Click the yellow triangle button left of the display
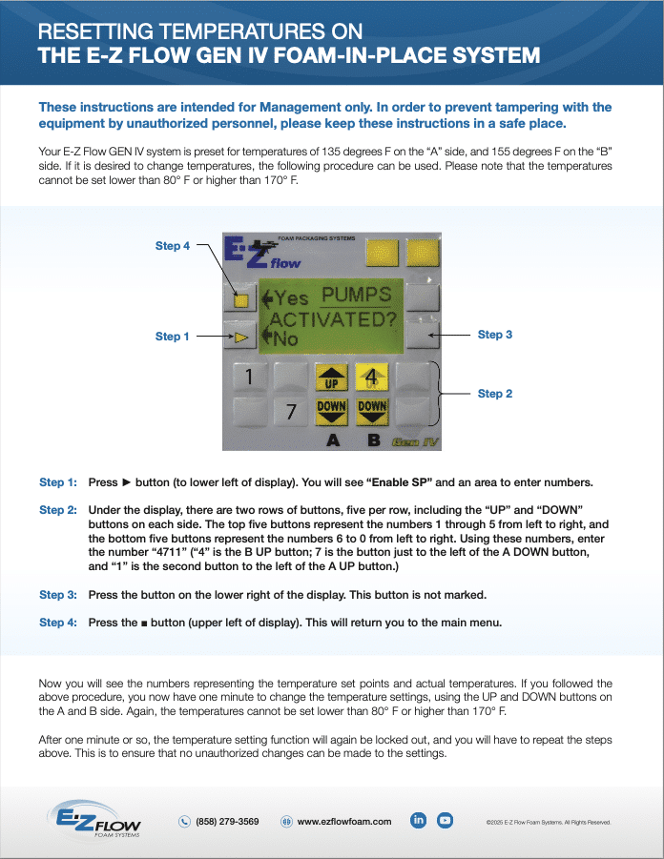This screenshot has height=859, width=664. coord(241,337)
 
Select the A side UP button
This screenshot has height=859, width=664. coord(331,378)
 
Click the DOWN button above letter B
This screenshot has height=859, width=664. coord(372,411)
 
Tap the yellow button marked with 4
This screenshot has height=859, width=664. coord(372,378)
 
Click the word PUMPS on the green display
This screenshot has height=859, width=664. coord(356,297)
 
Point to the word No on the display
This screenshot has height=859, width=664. coord(285,338)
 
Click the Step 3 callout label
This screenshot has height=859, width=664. coord(495,335)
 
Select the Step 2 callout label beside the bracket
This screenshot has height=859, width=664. coord(495,394)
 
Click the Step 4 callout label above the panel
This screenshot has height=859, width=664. coord(172,246)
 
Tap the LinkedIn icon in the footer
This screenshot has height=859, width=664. coord(418,820)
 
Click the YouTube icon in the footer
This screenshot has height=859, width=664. coord(445,820)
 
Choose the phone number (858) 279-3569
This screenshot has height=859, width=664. coord(227,821)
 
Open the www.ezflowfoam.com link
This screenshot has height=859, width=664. coord(344,821)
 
